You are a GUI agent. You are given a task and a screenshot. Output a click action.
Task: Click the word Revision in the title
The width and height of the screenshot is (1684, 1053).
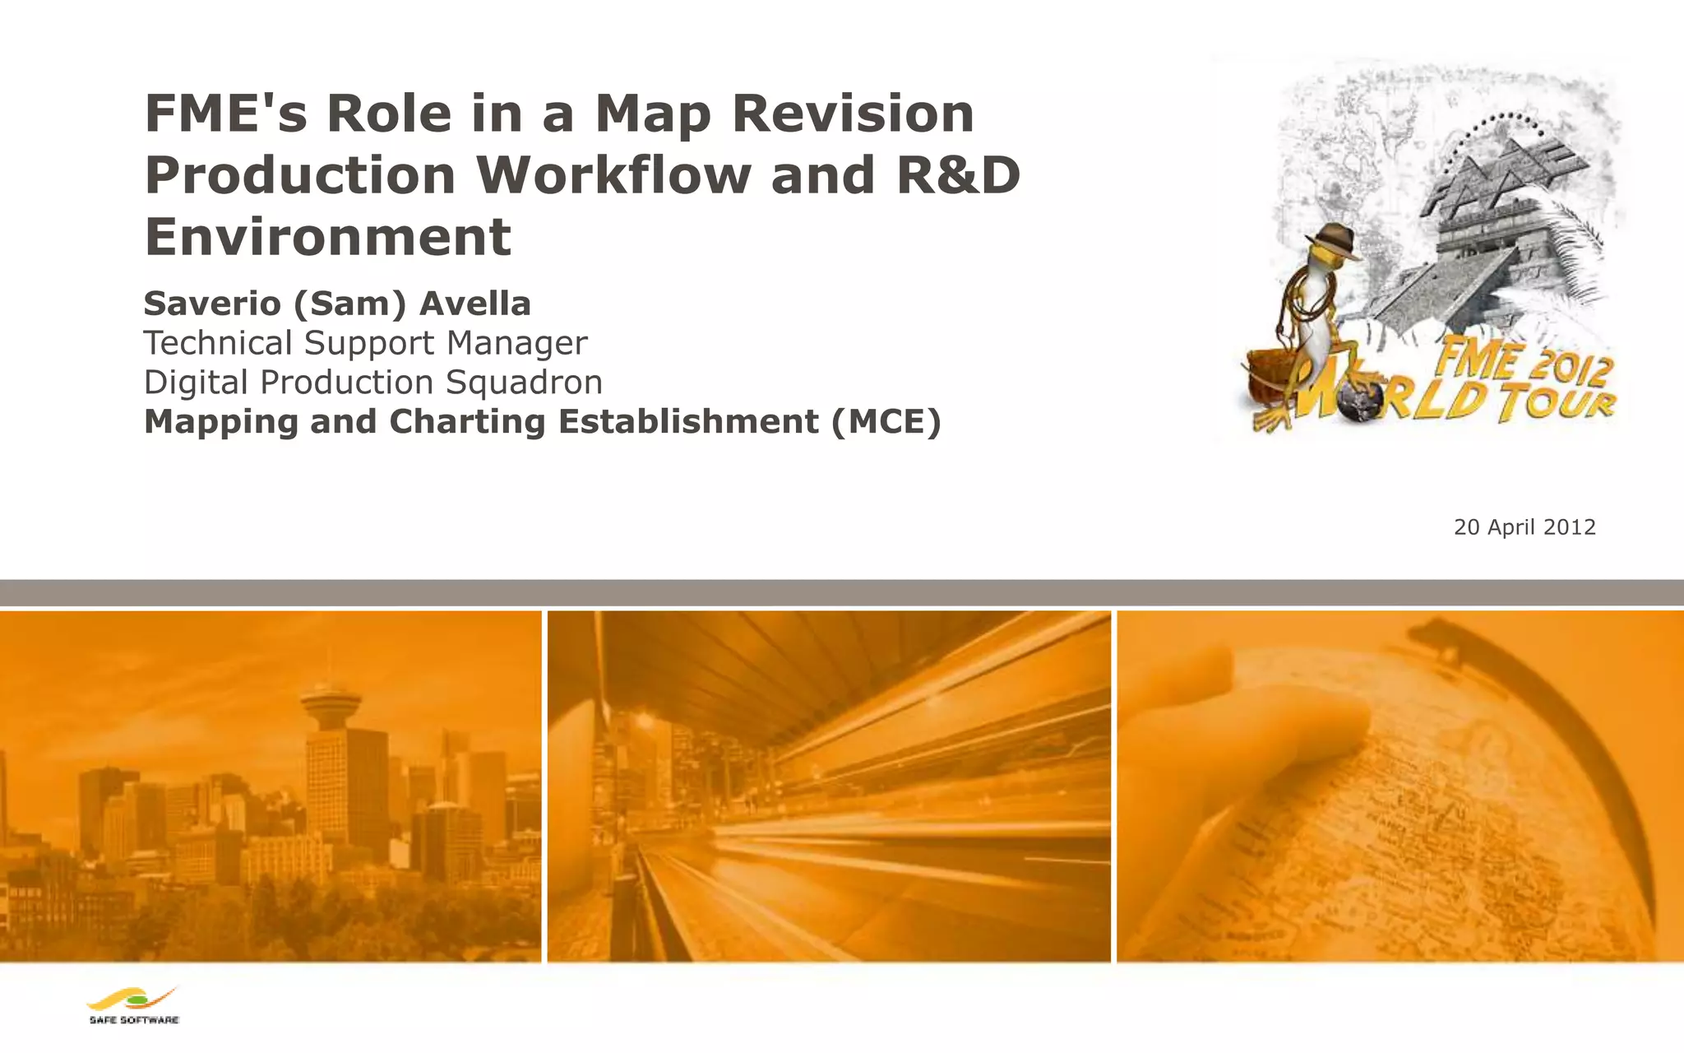(853, 114)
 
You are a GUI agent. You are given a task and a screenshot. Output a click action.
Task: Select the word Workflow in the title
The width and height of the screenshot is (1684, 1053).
(613, 175)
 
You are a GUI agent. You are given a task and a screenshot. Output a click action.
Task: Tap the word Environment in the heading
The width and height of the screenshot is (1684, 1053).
(328, 237)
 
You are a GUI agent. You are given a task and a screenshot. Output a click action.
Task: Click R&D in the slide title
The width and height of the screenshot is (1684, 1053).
(958, 175)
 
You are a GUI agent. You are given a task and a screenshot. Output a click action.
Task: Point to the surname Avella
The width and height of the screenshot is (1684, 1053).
(475, 304)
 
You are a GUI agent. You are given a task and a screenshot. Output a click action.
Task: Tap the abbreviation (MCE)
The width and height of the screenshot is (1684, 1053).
(886, 422)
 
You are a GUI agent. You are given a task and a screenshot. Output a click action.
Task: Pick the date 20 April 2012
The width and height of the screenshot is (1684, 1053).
(1524, 527)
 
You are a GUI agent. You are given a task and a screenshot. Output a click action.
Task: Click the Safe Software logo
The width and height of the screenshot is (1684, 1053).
(133, 1004)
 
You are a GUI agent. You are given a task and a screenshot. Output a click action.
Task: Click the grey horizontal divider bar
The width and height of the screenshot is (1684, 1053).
(842, 592)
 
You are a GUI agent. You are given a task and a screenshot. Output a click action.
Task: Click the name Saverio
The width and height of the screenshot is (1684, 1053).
(212, 304)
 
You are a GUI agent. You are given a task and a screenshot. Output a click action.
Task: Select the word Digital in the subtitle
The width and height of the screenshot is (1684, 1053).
(196, 383)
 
